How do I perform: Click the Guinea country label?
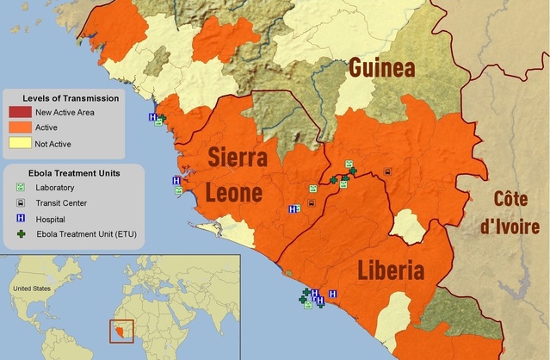click(381, 69)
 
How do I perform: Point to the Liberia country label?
click(391, 272)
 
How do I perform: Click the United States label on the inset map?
click(33, 288)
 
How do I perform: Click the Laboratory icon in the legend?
click(19, 188)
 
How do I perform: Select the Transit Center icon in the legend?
click(19, 203)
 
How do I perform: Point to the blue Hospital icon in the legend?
click(19, 219)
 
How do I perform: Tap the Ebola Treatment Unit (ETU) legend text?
click(86, 234)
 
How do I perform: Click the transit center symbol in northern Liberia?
click(387, 171)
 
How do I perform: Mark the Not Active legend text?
click(53, 142)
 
